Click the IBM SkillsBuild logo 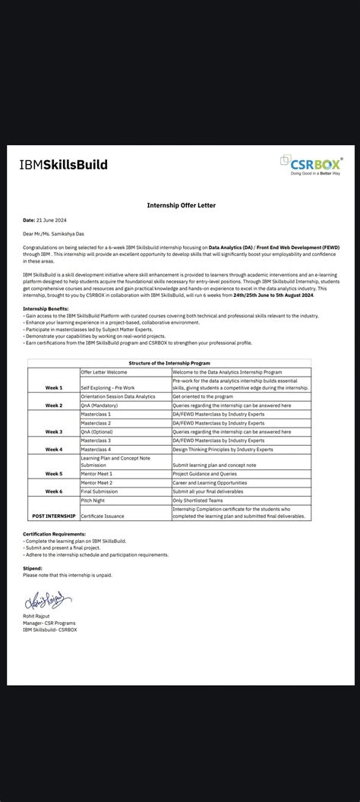(64, 165)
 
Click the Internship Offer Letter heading (179, 204)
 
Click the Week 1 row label (54, 387)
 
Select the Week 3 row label (54, 431)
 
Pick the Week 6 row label (54, 491)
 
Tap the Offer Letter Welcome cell (105, 372)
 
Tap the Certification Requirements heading (54, 534)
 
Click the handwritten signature (47, 600)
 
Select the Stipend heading (33, 567)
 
